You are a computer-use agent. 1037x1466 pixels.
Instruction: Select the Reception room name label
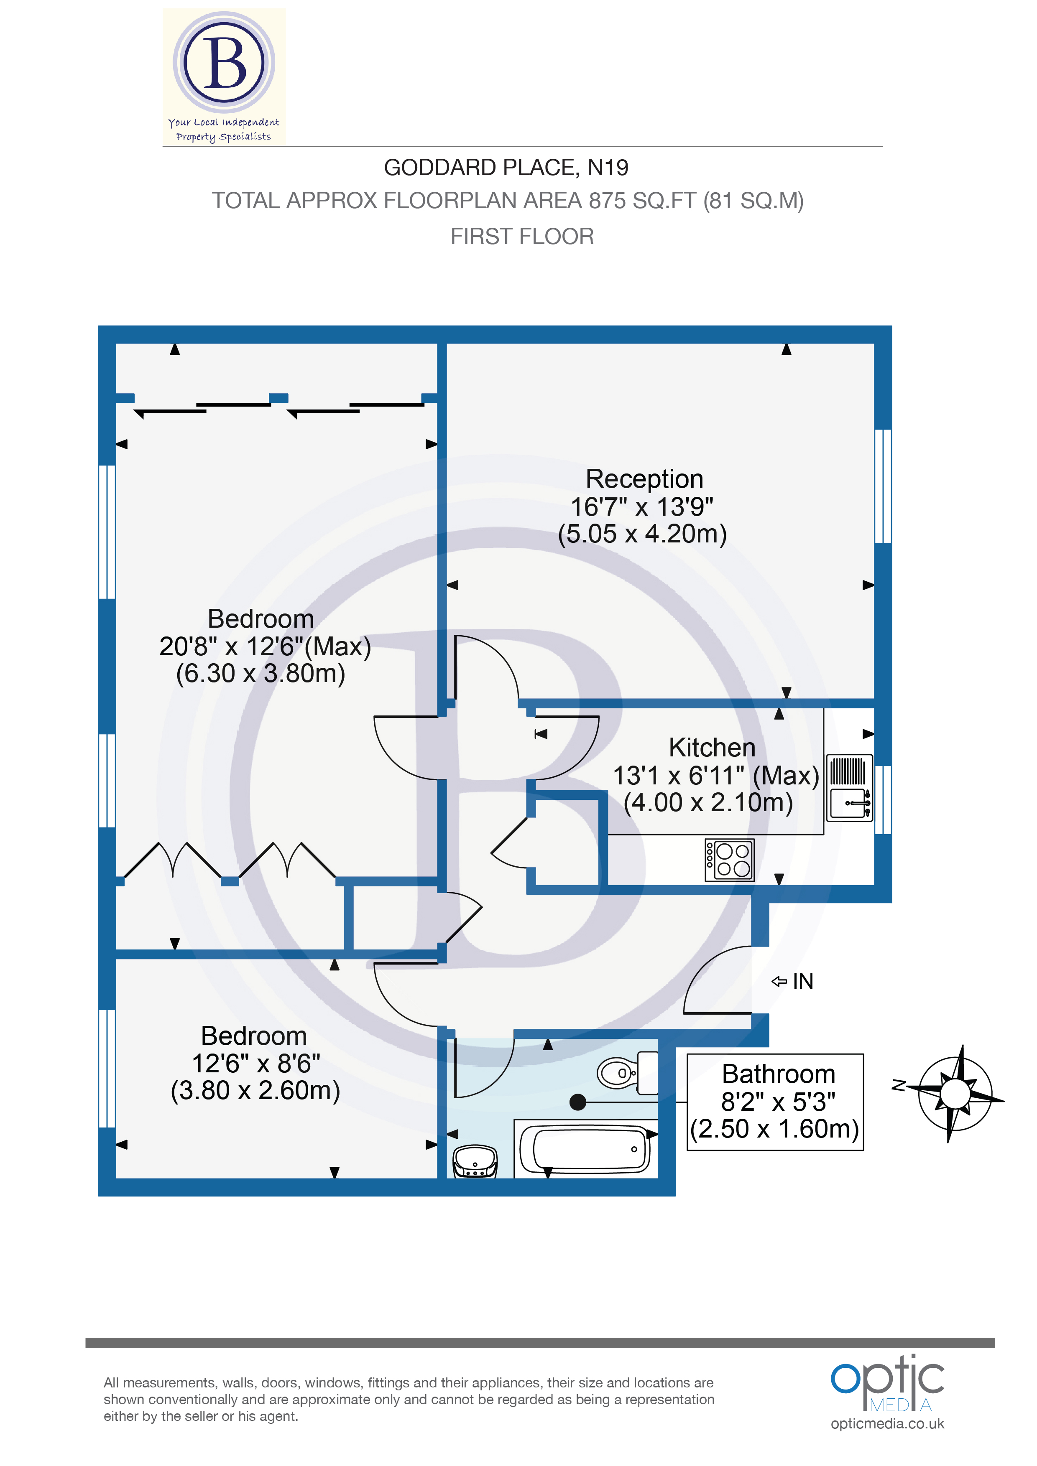(644, 479)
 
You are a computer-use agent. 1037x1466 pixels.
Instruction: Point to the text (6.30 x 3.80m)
(261, 674)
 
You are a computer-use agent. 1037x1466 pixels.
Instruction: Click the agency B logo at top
(224, 64)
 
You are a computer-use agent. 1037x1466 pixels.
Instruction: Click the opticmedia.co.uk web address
(887, 1423)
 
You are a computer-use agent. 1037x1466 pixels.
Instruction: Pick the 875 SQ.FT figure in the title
(641, 201)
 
